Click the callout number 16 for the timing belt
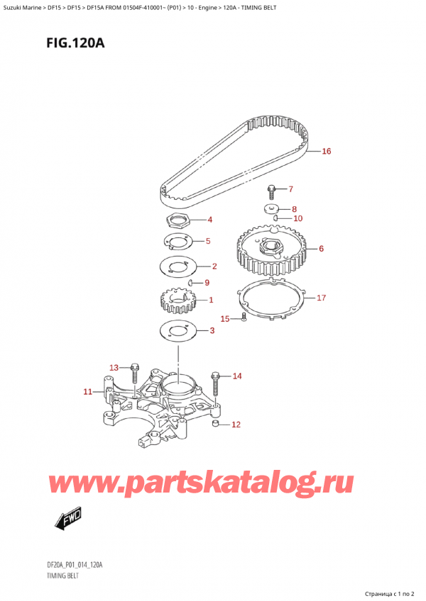coord(326,151)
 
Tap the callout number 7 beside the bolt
coord(289,189)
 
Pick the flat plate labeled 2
coord(177,267)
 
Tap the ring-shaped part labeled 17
coord(270,297)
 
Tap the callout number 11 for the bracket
coord(87,391)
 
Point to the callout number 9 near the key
coord(207,283)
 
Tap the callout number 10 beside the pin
coord(297,218)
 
